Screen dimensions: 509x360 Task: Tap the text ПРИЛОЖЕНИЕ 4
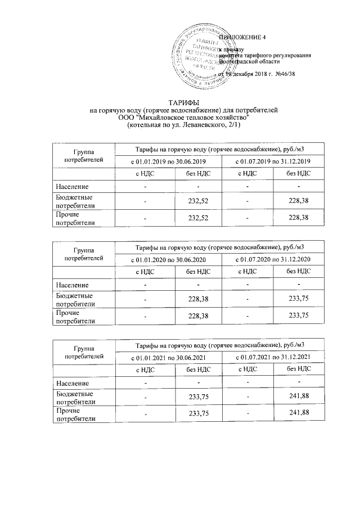241,38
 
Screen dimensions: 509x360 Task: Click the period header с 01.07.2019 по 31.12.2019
272,162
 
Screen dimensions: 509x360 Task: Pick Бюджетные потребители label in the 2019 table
74,201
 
